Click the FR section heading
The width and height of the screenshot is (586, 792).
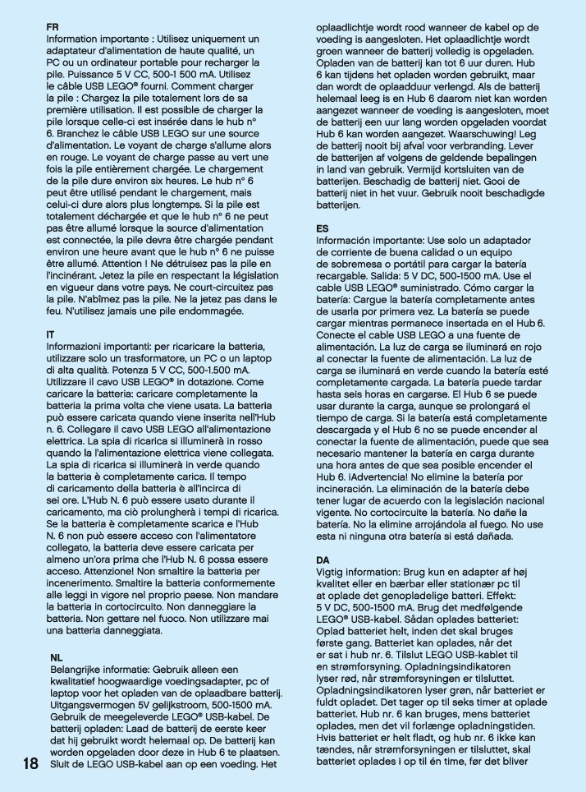[53, 27]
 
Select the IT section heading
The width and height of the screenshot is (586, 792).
[51, 336]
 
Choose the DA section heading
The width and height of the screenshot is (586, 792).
[324, 560]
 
